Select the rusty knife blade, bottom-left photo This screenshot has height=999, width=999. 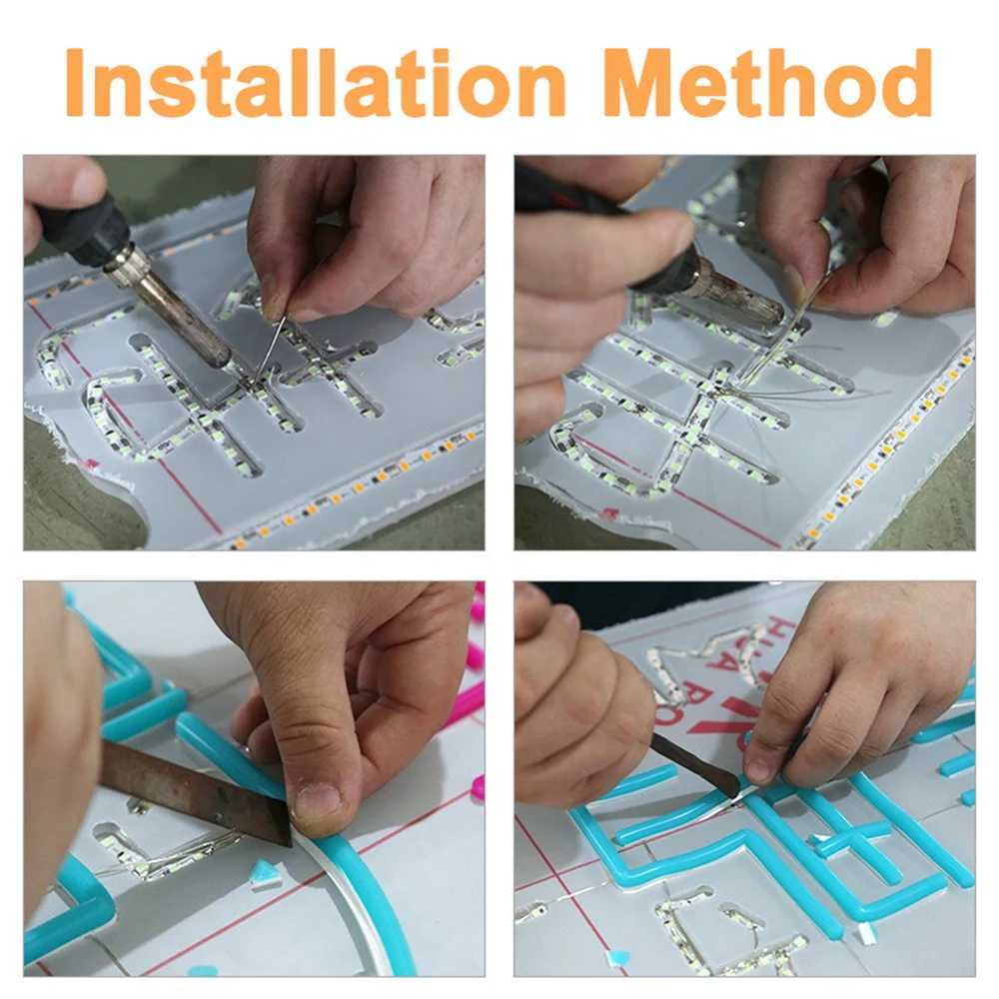[x=190, y=789]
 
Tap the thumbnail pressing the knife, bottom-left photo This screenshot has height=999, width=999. [x=318, y=799]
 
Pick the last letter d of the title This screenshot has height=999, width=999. [x=903, y=83]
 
